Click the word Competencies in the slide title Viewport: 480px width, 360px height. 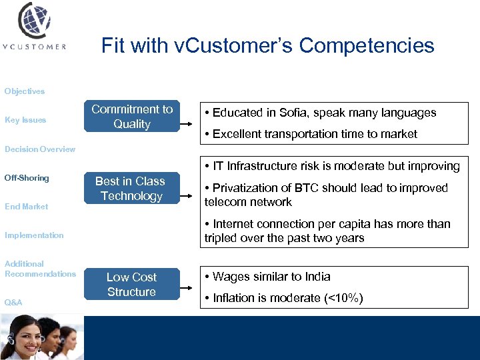(367, 46)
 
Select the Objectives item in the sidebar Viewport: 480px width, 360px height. (25, 91)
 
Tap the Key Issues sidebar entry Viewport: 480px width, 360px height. (25, 120)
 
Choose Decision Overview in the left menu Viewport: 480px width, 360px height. (40, 149)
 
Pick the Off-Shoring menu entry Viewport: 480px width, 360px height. (27, 178)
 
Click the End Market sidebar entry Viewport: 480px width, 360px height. (26, 207)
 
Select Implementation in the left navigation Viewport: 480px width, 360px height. (34, 235)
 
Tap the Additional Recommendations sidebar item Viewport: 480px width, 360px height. (40, 269)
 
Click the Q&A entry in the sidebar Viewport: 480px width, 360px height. (13, 303)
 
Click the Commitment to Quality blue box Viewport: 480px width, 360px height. (132, 117)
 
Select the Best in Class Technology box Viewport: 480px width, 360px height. (130, 189)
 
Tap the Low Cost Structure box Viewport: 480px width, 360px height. (131, 285)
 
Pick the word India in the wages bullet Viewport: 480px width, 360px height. (317, 277)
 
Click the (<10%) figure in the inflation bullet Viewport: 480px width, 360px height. (343, 298)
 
